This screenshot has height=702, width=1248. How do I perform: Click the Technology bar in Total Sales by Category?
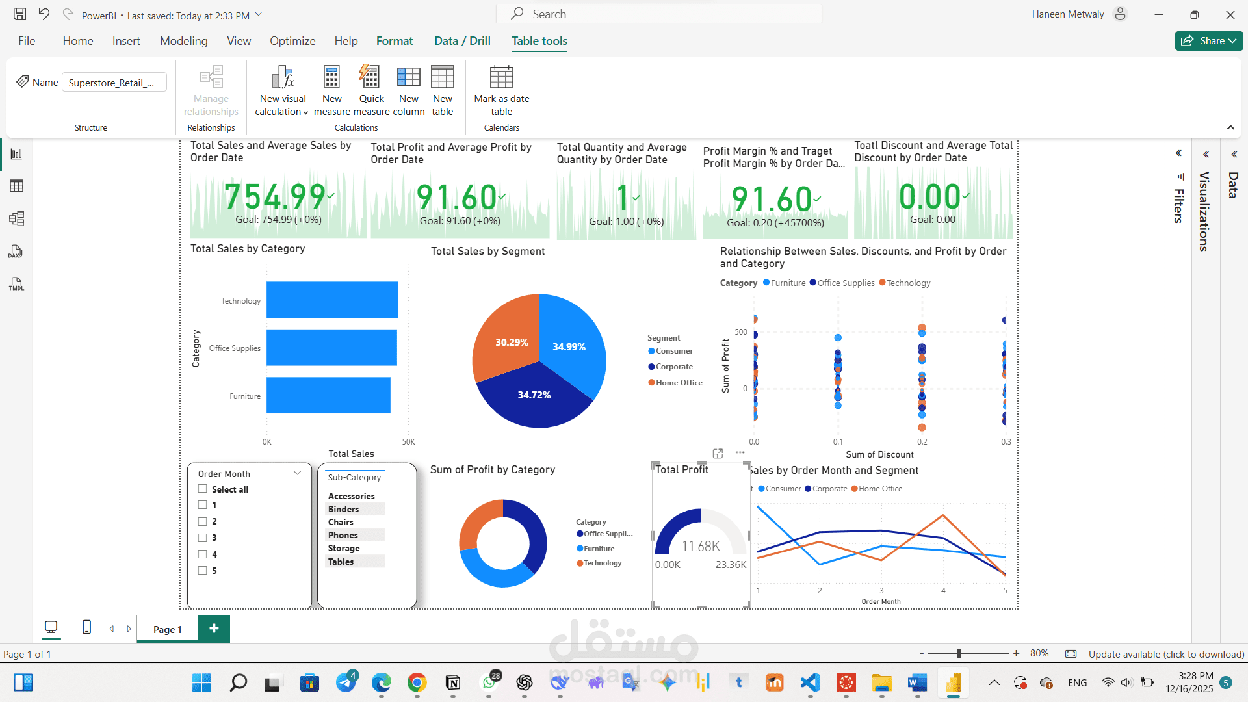pyautogui.click(x=332, y=300)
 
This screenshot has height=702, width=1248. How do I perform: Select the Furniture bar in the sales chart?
pyautogui.click(x=328, y=395)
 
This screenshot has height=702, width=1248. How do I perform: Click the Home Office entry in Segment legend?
pyautogui.click(x=675, y=383)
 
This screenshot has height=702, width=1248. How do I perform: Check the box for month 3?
pyautogui.click(x=203, y=538)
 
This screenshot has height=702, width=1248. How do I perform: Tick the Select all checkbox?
pyautogui.click(x=203, y=489)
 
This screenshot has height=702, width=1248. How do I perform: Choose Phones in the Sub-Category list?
pyautogui.click(x=343, y=535)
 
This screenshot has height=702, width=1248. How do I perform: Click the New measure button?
pyautogui.click(x=332, y=91)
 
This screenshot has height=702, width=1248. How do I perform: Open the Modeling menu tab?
pyautogui.click(x=184, y=40)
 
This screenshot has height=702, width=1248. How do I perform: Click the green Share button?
pyautogui.click(x=1209, y=40)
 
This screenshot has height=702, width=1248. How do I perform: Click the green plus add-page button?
pyautogui.click(x=214, y=629)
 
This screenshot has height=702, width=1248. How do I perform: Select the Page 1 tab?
pyautogui.click(x=167, y=629)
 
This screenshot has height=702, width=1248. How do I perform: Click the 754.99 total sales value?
pyautogui.click(x=275, y=196)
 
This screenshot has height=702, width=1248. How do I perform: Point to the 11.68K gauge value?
pyautogui.click(x=701, y=547)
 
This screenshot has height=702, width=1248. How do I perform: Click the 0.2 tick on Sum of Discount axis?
pyautogui.click(x=922, y=442)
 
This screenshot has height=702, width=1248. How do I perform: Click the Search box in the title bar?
pyautogui.click(x=660, y=14)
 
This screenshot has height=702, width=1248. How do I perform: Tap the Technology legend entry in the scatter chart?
pyautogui.click(x=905, y=283)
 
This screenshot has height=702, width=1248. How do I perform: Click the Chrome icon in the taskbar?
pyautogui.click(x=417, y=682)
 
